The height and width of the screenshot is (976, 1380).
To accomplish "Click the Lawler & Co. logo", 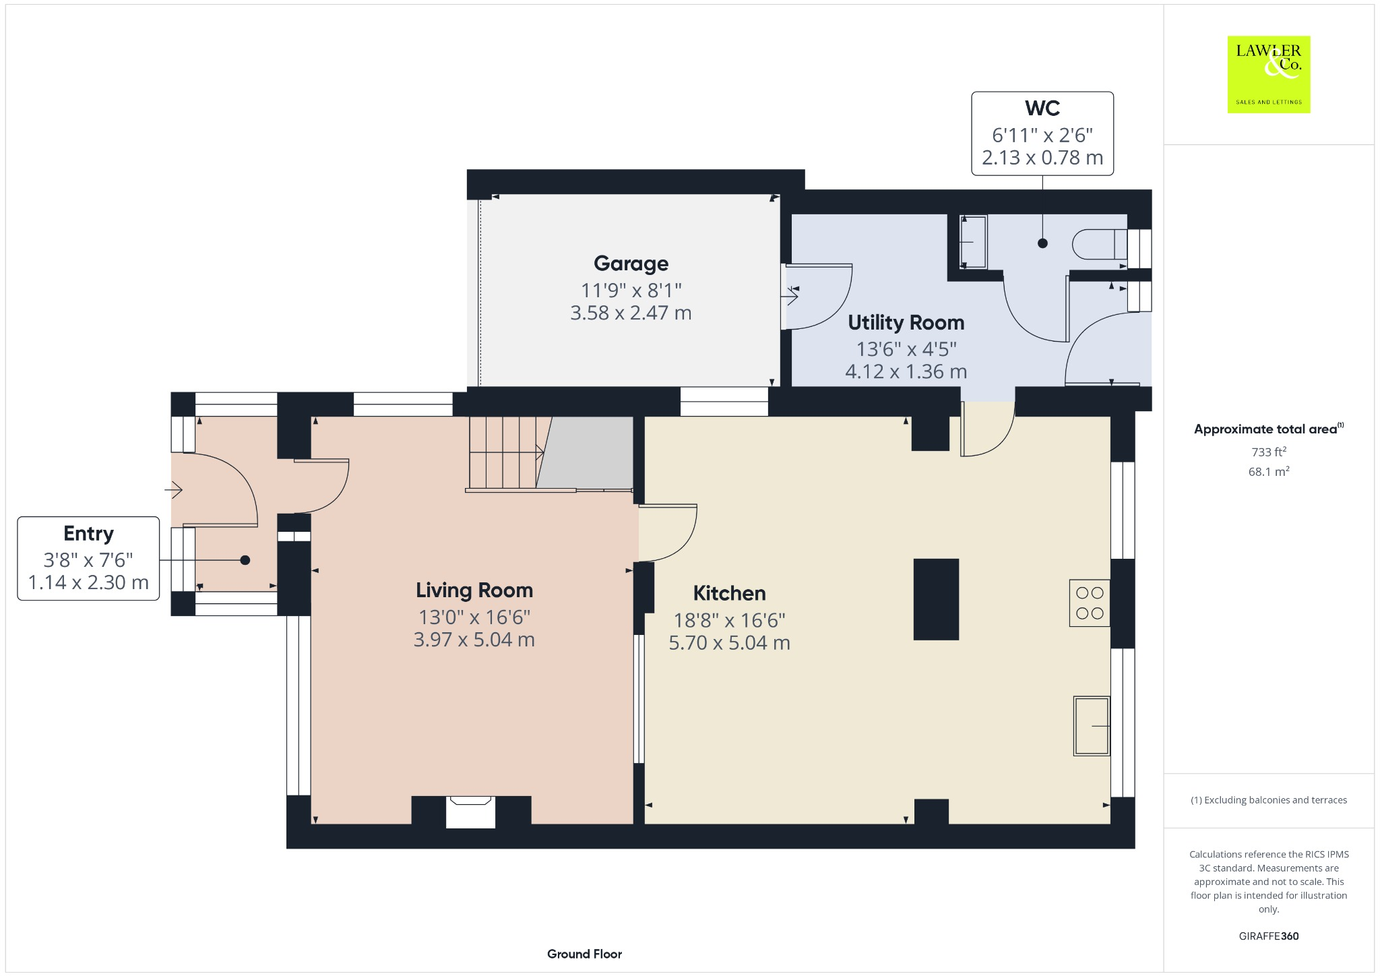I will pos(1268,74).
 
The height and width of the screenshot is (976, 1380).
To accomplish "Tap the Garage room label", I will pos(631,264).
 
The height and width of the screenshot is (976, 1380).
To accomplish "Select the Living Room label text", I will pos(474,590).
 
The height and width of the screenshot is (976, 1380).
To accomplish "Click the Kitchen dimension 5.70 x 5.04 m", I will pos(729,643).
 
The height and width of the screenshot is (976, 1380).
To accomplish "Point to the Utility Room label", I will pos(906,323).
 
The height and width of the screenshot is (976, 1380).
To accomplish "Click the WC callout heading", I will pos(1042,109).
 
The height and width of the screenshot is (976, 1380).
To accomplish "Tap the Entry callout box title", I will pos(88,534).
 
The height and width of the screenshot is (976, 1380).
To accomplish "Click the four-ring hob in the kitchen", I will pos(1089,603).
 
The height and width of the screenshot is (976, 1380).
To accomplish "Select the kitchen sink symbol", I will pos(1091,726).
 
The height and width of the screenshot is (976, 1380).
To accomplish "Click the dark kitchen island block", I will pos(936,599).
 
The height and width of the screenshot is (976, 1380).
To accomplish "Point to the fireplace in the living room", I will pos(470,812).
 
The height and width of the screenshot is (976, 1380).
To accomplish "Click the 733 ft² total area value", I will pos(1268,452).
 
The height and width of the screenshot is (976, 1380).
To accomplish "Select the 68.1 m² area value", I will pos(1268,472).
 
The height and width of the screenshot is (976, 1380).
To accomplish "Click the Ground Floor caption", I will pos(584,954).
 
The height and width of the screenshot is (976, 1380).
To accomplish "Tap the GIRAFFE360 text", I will pos(1268,936).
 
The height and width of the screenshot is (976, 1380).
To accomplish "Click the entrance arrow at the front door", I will pos(175,489).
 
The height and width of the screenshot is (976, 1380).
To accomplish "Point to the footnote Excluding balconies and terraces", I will pos(1268,800).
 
